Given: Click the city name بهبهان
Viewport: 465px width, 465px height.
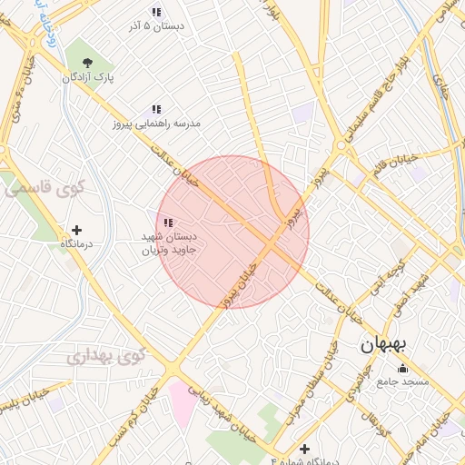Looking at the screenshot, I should click(x=387, y=345).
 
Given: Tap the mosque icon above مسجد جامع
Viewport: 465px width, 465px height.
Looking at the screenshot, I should click(x=402, y=368).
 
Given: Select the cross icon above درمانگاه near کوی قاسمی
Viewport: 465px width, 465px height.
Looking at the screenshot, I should click(x=76, y=230).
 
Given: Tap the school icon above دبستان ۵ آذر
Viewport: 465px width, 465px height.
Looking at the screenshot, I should click(x=156, y=12).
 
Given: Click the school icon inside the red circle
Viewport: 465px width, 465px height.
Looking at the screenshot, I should click(x=168, y=222).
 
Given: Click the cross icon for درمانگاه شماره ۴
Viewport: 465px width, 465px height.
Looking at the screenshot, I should click(x=304, y=449).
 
